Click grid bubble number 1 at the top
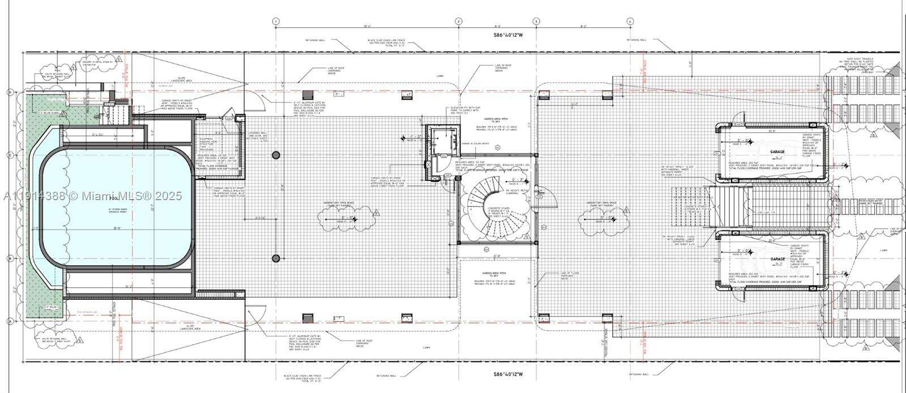click(276, 21)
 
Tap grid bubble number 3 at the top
click(536, 21)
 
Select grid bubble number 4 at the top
click(630, 21)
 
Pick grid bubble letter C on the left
click(10, 154)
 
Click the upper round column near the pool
click(276, 155)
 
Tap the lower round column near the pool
click(276, 258)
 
